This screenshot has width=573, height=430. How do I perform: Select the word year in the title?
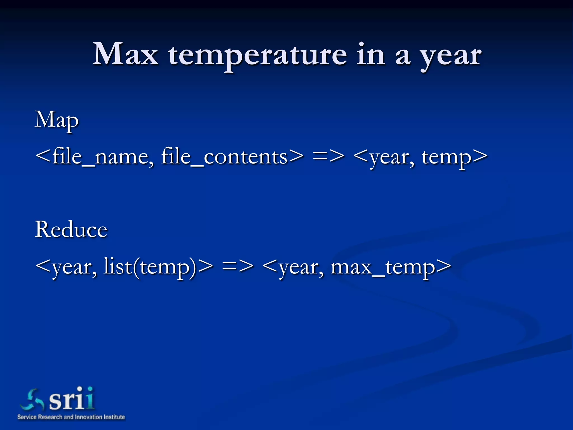click(x=451, y=56)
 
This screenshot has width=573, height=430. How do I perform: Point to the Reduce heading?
click(x=71, y=229)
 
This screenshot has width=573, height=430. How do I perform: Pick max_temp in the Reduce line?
click(x=382, y=267)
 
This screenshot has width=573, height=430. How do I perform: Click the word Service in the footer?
click(x=27, y=417)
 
